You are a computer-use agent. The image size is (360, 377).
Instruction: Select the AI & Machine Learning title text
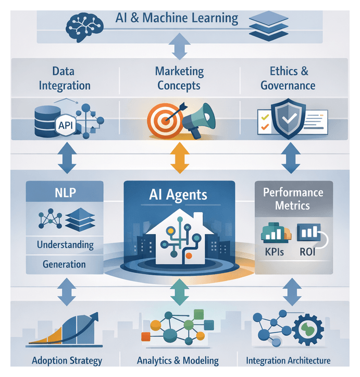click(177, 18)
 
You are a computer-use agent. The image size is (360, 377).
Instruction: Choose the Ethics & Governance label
click(288, 78)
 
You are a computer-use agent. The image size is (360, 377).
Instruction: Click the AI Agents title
click(179, 195)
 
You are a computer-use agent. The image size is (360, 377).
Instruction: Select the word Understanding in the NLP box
click(65, 244)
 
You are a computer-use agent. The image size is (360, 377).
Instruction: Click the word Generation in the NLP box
click(64, 264)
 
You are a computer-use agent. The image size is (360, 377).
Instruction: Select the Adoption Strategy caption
click(67, 360)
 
